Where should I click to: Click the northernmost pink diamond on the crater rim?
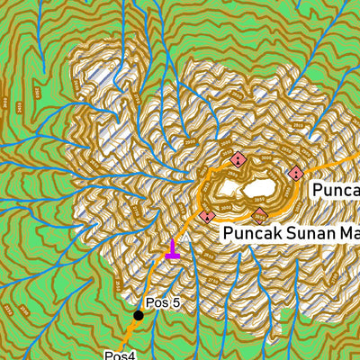238,160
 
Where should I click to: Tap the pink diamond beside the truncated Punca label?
295,173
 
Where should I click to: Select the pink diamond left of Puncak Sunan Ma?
207,217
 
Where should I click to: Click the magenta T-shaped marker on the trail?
172,253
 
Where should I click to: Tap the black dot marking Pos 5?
139,315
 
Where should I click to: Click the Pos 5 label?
163,303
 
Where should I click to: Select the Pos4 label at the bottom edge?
119,355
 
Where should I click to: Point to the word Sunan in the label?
307,235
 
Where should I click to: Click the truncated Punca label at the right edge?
335,190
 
